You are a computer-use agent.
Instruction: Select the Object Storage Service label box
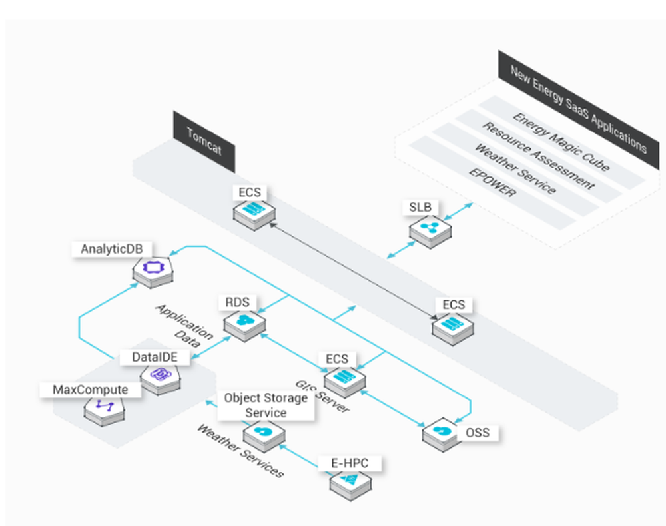coord(266,405)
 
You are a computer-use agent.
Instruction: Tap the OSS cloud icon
coord(442,431)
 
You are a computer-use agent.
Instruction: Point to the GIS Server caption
coord(322,395)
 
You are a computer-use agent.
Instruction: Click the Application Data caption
coord(184,326)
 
